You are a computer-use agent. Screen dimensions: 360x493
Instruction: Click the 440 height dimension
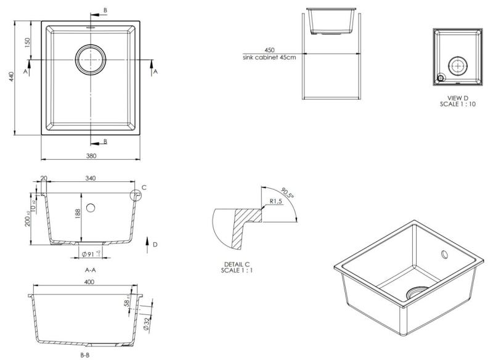[11, 77]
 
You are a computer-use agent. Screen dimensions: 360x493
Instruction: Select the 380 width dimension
[91, 156]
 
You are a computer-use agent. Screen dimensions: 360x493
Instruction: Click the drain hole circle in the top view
[91, 59]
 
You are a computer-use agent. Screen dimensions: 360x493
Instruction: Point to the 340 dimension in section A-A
[91, 178]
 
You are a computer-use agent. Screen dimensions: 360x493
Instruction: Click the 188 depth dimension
[78, 213]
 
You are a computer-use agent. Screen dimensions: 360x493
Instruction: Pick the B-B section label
[85, 356]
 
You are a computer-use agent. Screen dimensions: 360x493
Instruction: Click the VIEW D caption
[458, 97]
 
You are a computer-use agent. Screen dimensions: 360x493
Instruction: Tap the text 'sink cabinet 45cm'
[269, 57]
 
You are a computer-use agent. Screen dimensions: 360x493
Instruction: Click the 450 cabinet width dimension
[269, 50]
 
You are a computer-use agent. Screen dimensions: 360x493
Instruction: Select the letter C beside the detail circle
[144, 187]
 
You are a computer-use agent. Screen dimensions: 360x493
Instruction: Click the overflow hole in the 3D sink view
[445, 255]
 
